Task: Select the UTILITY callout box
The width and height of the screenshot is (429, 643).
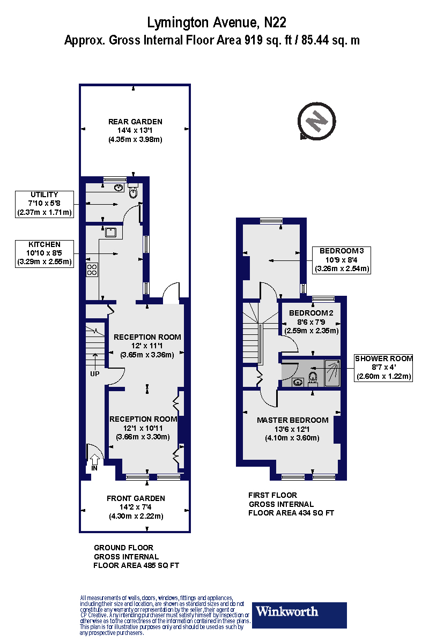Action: pos(45,204)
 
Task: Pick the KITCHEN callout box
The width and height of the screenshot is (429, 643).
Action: pos(45,253)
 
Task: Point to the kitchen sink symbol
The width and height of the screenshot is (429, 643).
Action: pos(112,232)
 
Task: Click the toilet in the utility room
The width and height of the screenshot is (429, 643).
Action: pos(134,191)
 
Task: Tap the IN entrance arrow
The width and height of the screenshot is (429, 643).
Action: pos(95,460)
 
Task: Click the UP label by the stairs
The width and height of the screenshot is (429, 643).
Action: pos(94,373)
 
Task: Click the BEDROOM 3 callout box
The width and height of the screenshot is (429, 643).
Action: pos(342,259)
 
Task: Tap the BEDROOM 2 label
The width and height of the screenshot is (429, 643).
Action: pos(311,313)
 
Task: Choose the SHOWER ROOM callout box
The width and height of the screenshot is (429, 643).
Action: pos(383,367)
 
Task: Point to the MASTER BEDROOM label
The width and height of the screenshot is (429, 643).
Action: pos(292,420)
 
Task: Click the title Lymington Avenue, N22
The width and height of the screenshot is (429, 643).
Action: pos(217,23)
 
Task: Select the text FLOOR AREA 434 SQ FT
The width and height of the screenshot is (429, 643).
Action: pos(291,513)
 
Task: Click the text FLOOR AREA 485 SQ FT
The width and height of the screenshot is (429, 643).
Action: pos(136,565)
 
